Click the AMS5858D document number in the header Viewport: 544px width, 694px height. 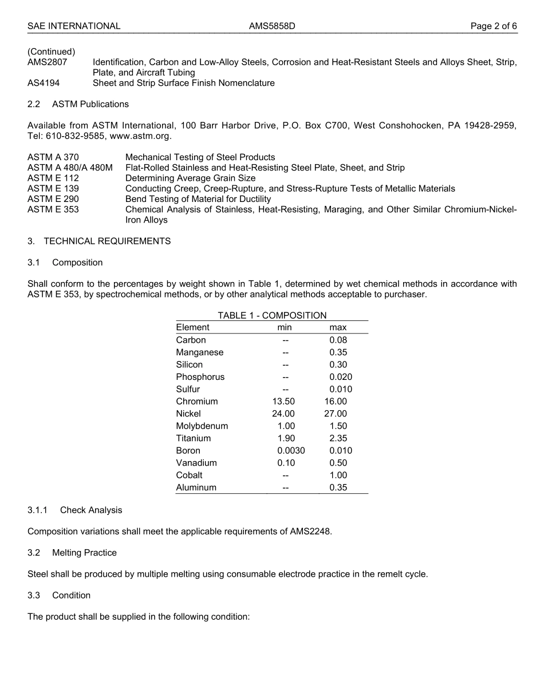click(x=272, y=26)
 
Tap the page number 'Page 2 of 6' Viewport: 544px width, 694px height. click(x=494, y=26)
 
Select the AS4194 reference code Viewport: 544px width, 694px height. click(x=44, y=83)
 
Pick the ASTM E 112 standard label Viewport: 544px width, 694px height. click(x=53, y=178)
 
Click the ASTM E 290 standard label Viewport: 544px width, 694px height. click(x=53, y=199)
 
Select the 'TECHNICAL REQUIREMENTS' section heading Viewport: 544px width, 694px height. click(x=107, y=241)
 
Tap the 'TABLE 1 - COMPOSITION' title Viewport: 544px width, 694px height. click(x=272, y=315)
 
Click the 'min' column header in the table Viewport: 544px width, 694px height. click(x=285, y=328)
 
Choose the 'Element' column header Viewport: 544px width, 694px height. click(x=193, y=328)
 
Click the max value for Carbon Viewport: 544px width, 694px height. click(x=338, y=340)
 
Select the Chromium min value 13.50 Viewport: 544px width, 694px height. click(x=283, y=402)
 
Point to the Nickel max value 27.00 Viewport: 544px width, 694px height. click(x=336, y=414)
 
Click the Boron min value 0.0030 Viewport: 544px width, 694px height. click(x=291, y=451)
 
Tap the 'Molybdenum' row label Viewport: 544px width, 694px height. click(x=202, y=426)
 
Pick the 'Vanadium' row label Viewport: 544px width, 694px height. click(x=196, y=463)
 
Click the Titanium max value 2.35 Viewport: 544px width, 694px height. click(x=338, y=438)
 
